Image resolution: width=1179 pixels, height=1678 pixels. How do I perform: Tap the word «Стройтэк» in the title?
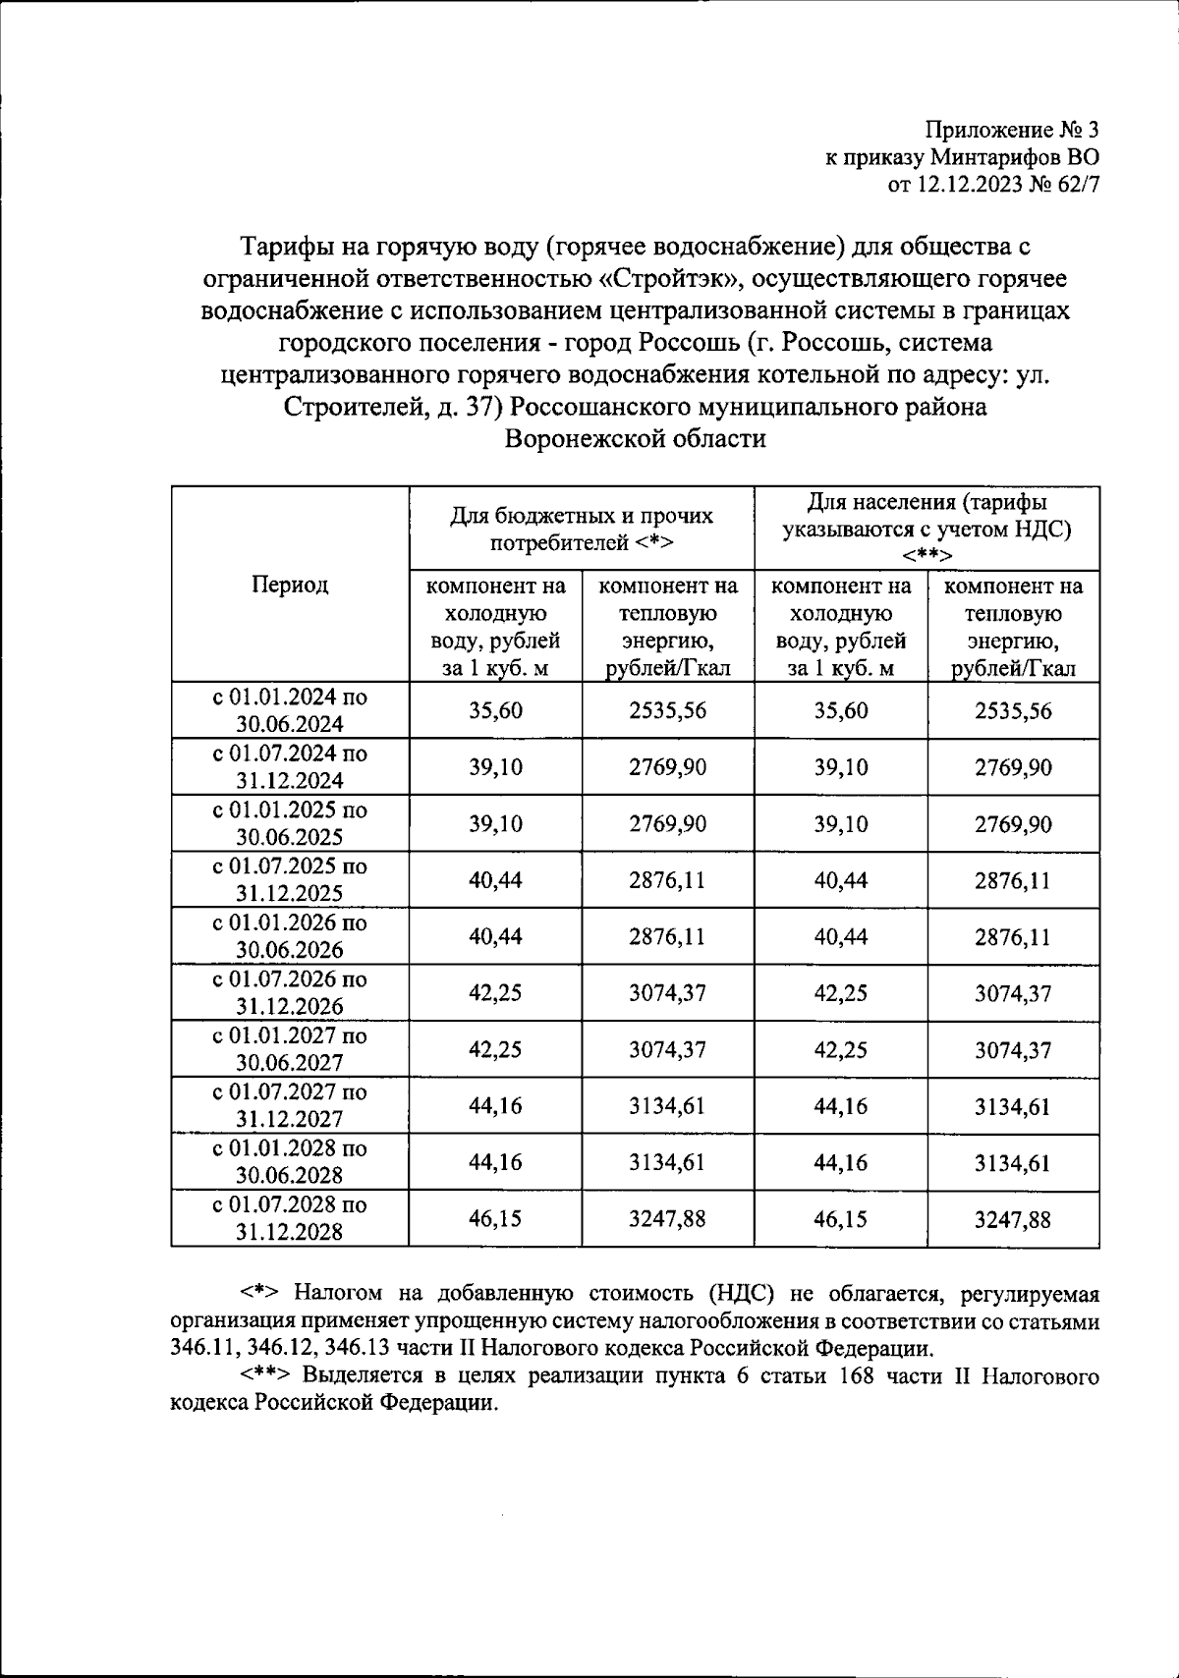pos(667,279)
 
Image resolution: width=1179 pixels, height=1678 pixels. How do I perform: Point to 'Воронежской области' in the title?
pos(635,439)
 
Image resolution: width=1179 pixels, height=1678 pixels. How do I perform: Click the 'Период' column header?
pos(289,585)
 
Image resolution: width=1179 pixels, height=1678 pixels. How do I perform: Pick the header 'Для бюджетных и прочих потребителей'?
pos(582,529)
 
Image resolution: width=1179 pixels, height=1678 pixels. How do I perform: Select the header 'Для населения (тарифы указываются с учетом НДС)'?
pos(926,529)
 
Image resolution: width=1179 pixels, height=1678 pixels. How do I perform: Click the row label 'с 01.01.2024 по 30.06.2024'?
pos(289,710)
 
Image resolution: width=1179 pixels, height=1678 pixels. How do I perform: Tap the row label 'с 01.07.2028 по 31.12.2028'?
pos(289,1218)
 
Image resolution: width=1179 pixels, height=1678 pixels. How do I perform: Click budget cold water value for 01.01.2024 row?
pos(495,710)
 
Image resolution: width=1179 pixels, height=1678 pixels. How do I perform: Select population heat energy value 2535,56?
pos(1013,710)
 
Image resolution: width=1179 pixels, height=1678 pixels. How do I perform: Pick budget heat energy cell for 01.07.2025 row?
pos(667,880)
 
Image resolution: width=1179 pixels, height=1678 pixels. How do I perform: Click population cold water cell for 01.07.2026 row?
pos(841,993)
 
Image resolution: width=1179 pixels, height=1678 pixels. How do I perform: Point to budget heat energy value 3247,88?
pos(667,1219)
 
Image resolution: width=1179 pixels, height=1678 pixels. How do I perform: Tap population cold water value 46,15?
pos(841,1219)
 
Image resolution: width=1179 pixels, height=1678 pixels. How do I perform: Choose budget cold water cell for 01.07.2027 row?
pos(495,1106)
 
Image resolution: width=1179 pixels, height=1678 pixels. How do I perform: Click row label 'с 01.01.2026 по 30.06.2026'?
pos(289,936)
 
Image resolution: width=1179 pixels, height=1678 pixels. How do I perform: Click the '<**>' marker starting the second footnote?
pos(266,1375)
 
